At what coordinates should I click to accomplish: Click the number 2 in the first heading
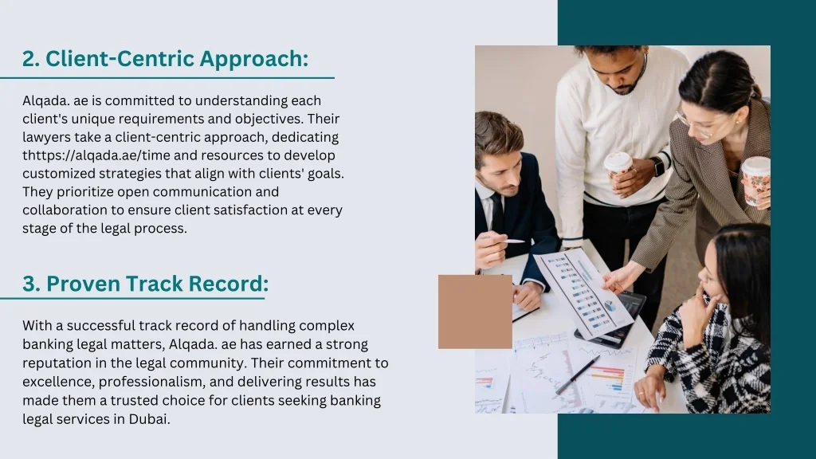tap(29, 59)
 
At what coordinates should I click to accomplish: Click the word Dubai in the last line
tap(149, 418)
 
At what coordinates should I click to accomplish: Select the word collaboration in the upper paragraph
tap(62, 210)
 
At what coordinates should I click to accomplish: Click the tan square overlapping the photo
tap(475, 312)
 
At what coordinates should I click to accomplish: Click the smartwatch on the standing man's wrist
tap(657, 167)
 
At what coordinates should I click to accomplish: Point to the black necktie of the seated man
tap(496, 214)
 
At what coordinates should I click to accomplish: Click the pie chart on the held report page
tap(610, 305)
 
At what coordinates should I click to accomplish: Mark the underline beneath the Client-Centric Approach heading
tap(167, 78)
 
